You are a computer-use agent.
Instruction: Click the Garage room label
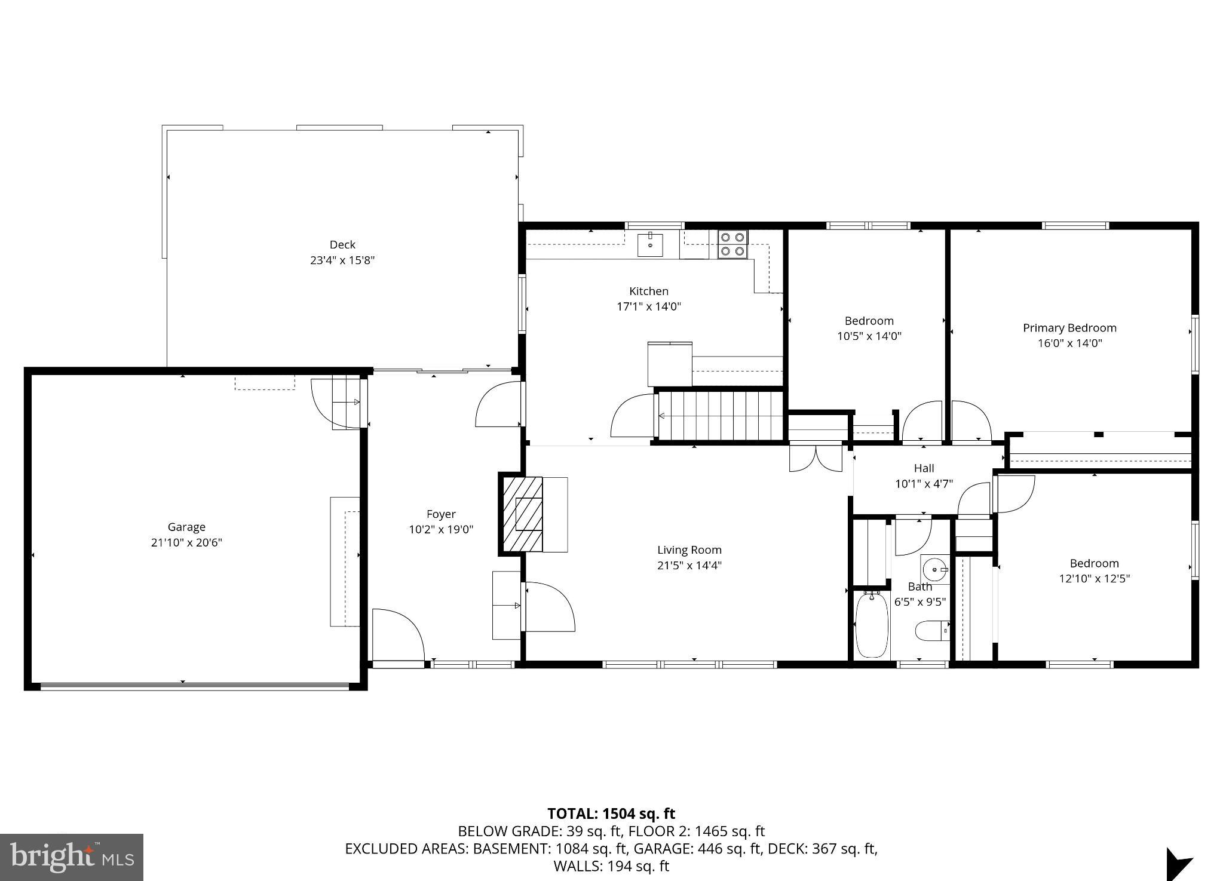click(186, 527)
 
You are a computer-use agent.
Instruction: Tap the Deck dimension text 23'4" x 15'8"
click(342, 260)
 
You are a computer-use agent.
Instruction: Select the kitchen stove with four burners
click(732, 244)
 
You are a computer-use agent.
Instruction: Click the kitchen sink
click(650, 245)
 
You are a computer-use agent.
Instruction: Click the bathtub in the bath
click(871, 626)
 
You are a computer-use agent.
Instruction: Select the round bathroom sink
click(934, 566)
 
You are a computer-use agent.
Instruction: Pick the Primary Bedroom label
click(1069, 328)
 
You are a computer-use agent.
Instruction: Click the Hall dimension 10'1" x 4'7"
click(924, 484)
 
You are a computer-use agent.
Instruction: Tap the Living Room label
click(689, 550)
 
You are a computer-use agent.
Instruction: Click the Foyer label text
click(441, 514)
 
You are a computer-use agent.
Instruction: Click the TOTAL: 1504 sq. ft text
click(611, 814)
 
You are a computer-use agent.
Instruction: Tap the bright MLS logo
click(72, 858)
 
